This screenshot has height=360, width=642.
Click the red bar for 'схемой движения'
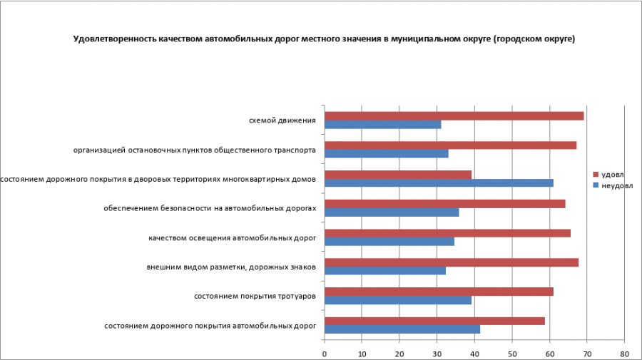(x=454, y=116)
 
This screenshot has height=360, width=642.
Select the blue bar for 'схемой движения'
(x=382, y=125)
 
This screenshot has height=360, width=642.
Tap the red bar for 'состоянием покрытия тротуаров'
(x=439, y=292)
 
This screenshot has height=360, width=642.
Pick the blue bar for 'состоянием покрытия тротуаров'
(x=398, y=300)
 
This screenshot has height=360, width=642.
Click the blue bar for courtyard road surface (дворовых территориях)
(x=439, y=183)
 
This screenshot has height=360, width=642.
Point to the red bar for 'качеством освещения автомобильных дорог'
(x=447, y=233)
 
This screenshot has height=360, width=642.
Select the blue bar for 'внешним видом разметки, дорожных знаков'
(x=385, y=271)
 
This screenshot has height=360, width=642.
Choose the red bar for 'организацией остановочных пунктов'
(x=450, y=145)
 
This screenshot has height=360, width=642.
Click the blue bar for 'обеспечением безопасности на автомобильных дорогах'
(x=392, y=212)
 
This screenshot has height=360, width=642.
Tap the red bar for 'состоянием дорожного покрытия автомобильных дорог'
(x=434, y=321)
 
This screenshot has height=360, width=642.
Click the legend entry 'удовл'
(x=612, y=175)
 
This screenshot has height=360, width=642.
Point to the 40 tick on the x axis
(x=474, y=352)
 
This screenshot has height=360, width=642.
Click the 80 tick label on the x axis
(x=624, y=352)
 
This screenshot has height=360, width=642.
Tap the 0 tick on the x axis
(x=325, y=352)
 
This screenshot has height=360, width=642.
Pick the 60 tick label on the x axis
(x=549, y=352)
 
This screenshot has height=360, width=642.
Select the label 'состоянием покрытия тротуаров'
(x=255, y=296)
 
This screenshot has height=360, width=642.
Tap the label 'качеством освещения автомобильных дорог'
(x=232, y=237)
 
